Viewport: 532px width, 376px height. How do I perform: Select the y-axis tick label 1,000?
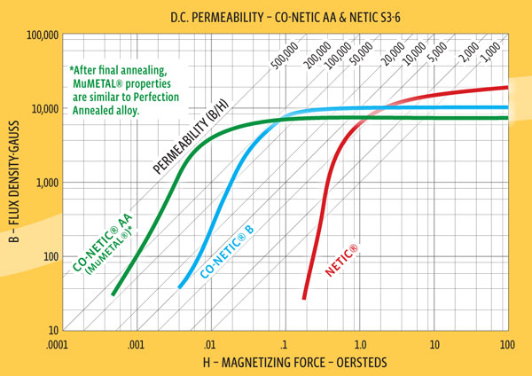[46, 183]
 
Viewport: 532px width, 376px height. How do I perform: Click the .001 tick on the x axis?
[135, 342]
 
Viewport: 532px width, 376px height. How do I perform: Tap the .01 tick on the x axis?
[209, 342]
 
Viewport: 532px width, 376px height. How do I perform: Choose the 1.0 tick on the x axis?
[359, 342]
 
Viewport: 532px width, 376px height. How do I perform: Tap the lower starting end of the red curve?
[304, 299]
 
